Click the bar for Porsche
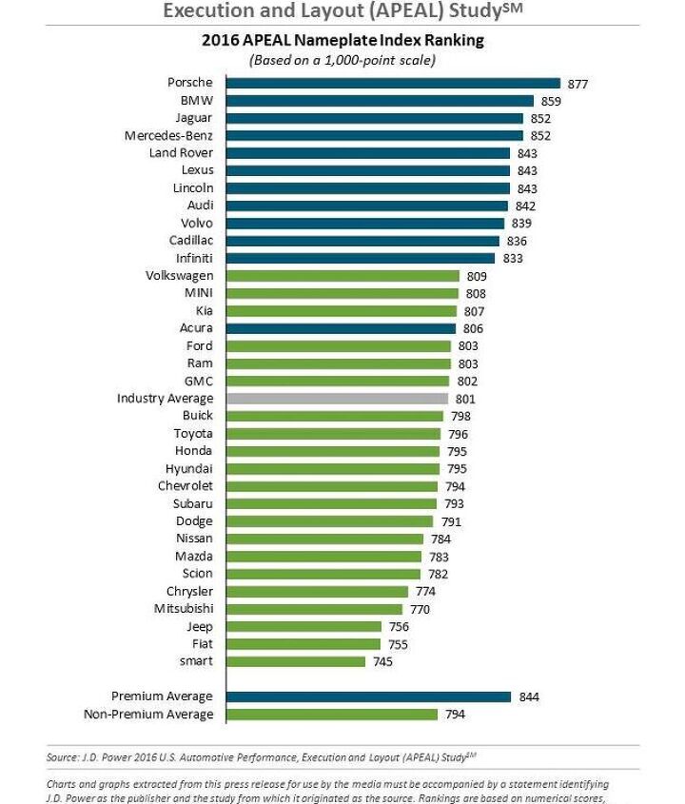click(x=393, y=84)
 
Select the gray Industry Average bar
click(x=337, y=399)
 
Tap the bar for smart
click(x=296, y=661)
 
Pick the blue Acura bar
click(x=342, y=328)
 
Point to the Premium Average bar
click(x=368, y=696)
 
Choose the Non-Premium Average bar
click(x=332, y=714)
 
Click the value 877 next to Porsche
click(x=577, y=85)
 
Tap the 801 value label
click(x=465, y=400)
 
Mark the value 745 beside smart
click(x=382, y=662)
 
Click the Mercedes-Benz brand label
click(x=168, y=135)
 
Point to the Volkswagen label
click(x=179, y=275)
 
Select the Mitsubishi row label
click(x=184, y=608)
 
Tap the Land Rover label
click(x=181, y=152)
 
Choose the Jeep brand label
click(x=199, y=626)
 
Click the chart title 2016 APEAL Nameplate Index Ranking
click(x=342, y=41)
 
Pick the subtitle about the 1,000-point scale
click(x=342, y=60)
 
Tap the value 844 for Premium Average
click(x=529, y=697)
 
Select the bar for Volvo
click(x=365, y=223)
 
